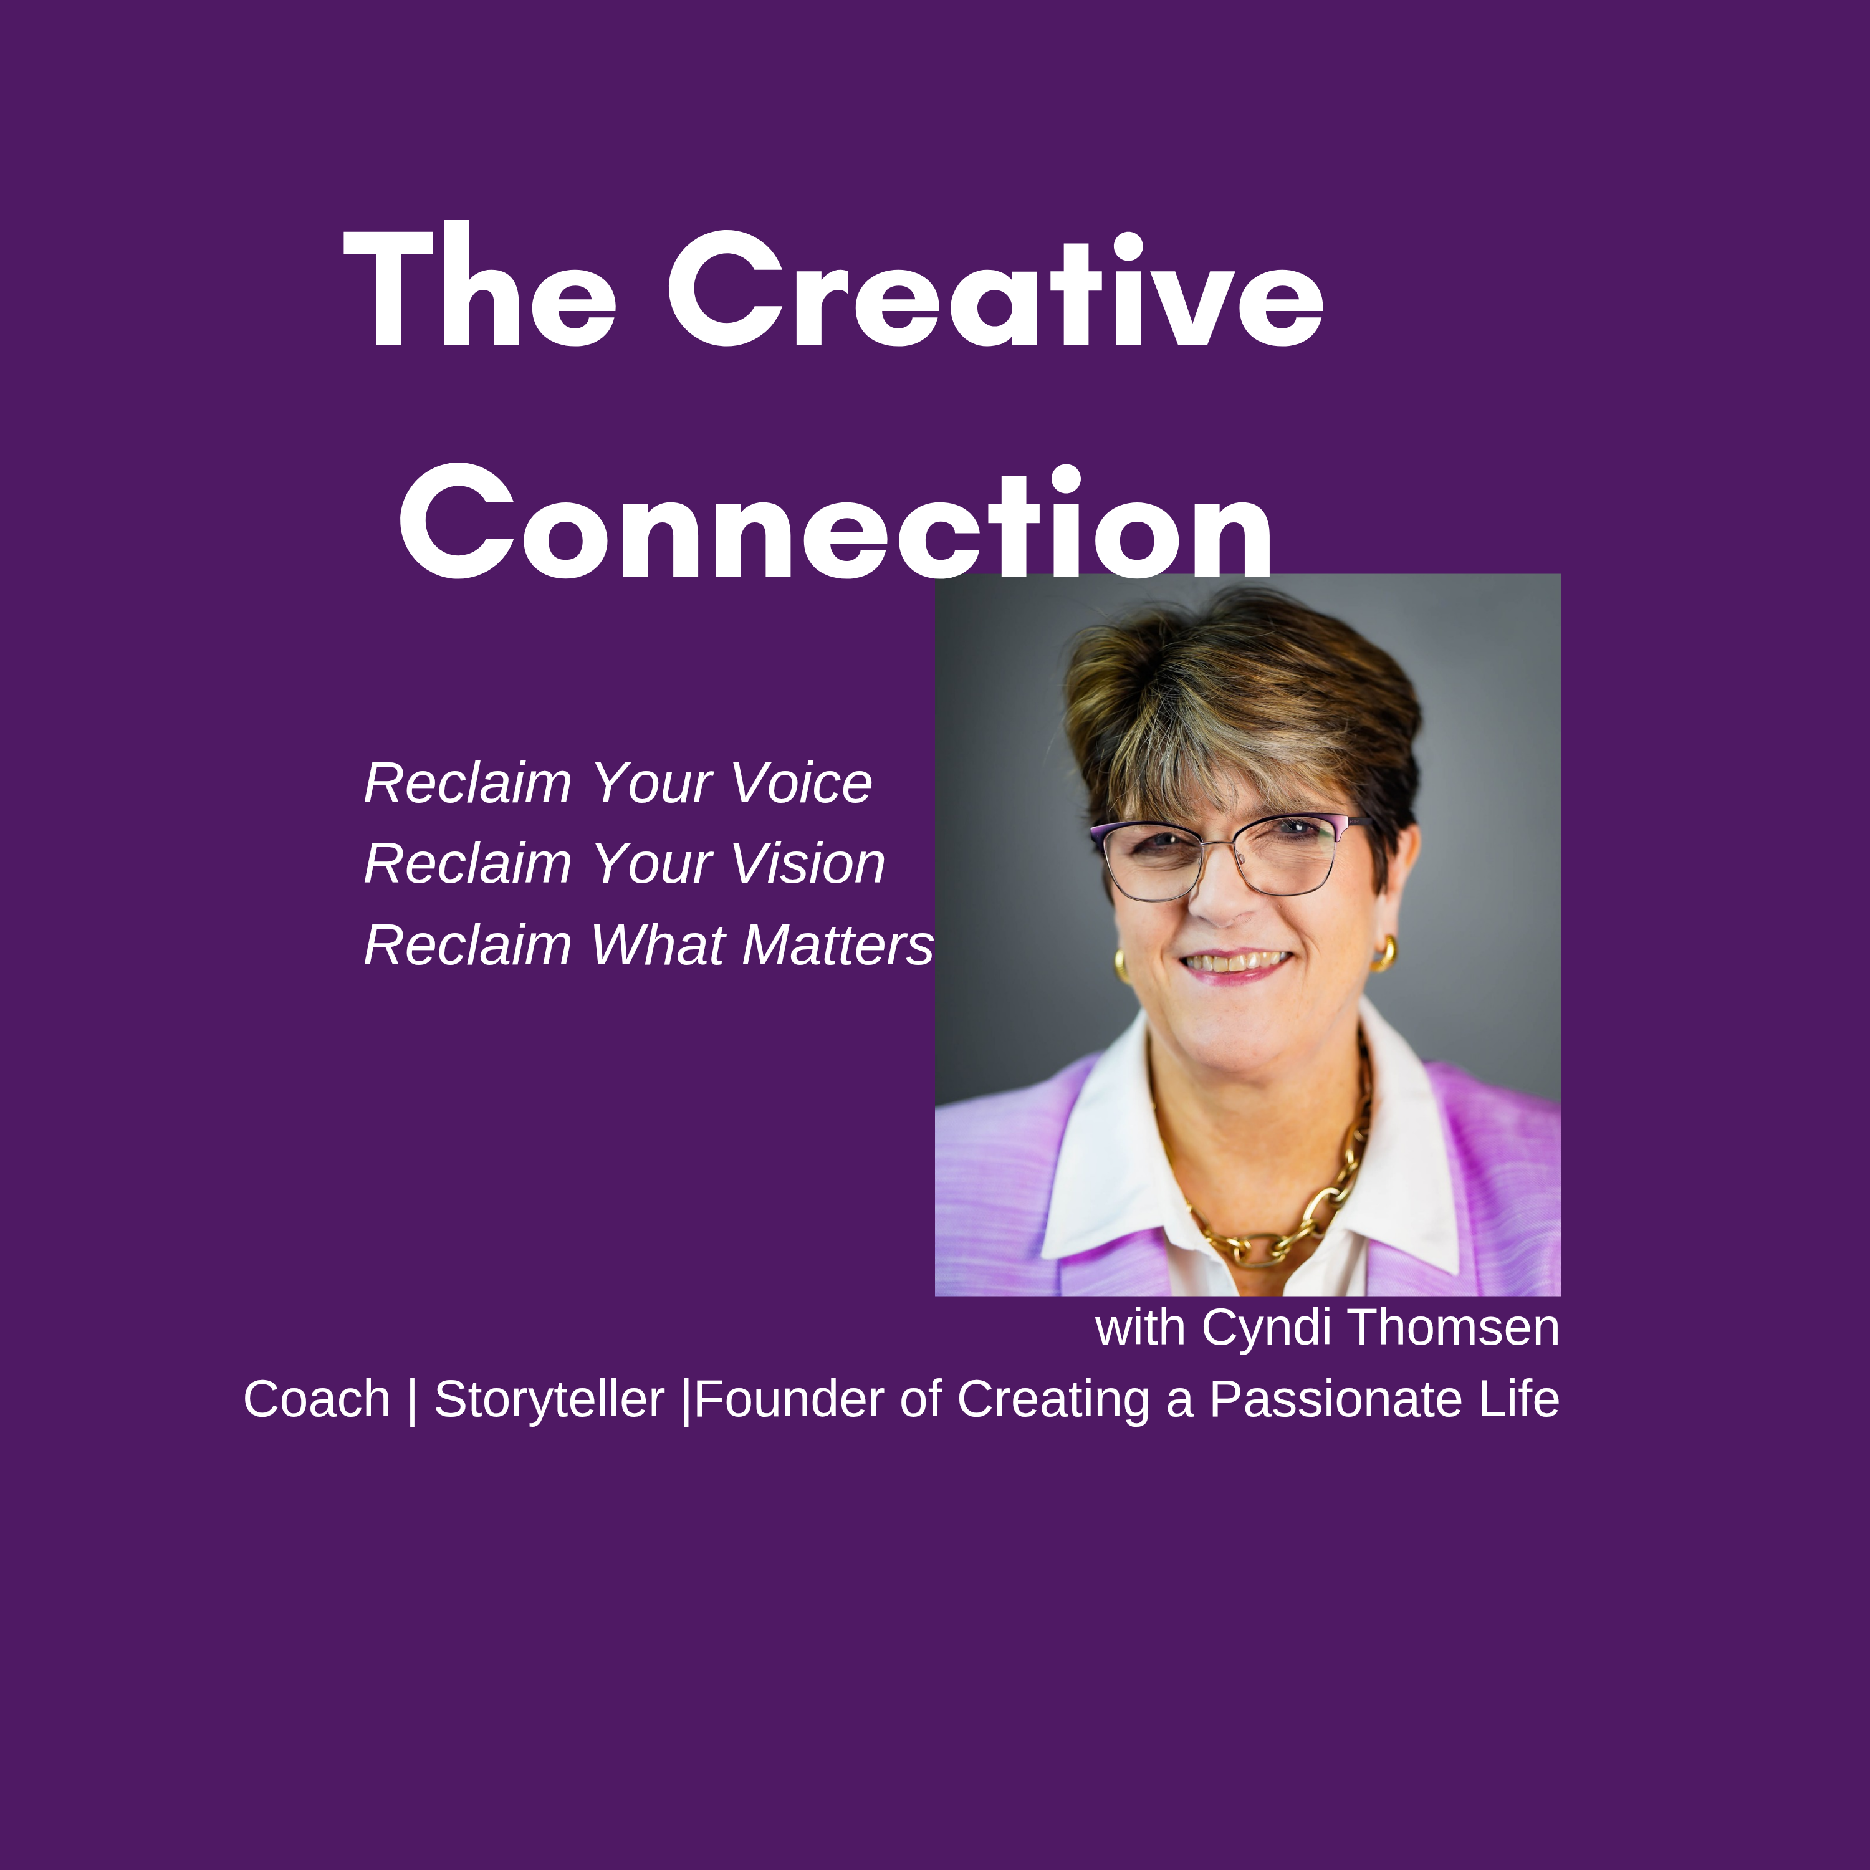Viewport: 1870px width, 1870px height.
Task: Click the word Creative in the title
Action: [x=995, y=289]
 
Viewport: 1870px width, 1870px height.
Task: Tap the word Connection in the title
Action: [x=835, y=523]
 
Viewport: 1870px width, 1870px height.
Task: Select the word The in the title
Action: [x=479, y=289]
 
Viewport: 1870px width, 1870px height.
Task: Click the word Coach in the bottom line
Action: [x=317, y=1399]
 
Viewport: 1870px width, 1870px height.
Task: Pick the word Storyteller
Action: [x=549, y=1399]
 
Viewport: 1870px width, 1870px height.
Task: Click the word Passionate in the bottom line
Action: [x=1336, y=1399]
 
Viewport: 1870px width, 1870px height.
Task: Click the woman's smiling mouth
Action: [x=1236, y=963]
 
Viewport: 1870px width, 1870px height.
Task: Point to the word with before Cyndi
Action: [x=1140, y=1327]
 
